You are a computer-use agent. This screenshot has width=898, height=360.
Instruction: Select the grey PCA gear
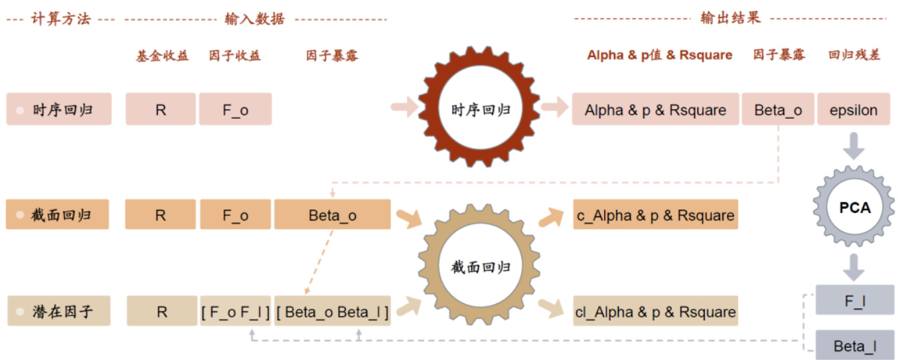[855, 206]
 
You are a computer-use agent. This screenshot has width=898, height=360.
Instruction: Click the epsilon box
[854, 110]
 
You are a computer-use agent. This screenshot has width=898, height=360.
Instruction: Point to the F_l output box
[855, 300]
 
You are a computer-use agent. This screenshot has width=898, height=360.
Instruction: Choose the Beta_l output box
[855, 345]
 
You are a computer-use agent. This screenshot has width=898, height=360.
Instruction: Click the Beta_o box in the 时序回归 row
[777, 110]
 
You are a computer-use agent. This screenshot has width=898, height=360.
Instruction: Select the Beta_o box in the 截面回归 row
[332, 214]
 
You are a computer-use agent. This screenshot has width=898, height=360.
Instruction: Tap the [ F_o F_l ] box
[235, 312]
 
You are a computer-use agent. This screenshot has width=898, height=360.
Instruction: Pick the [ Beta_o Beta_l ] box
[332, 312]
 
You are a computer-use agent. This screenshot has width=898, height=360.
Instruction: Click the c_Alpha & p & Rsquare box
[655, 214]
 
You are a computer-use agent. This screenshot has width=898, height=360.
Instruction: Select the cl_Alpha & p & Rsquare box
[655, 312]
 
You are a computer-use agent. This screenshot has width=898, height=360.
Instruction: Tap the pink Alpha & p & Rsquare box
[655, 110]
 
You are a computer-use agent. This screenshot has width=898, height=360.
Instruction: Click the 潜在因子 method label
[59, 312]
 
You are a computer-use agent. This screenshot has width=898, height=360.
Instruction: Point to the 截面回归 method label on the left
[59, 214]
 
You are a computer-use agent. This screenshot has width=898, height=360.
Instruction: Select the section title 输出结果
[730, 18]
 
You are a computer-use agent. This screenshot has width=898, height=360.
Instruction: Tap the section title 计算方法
[61, 19]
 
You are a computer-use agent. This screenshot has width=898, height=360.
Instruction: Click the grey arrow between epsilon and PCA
[854, 146]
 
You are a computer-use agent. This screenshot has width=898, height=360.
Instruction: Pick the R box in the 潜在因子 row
[161, 312]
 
